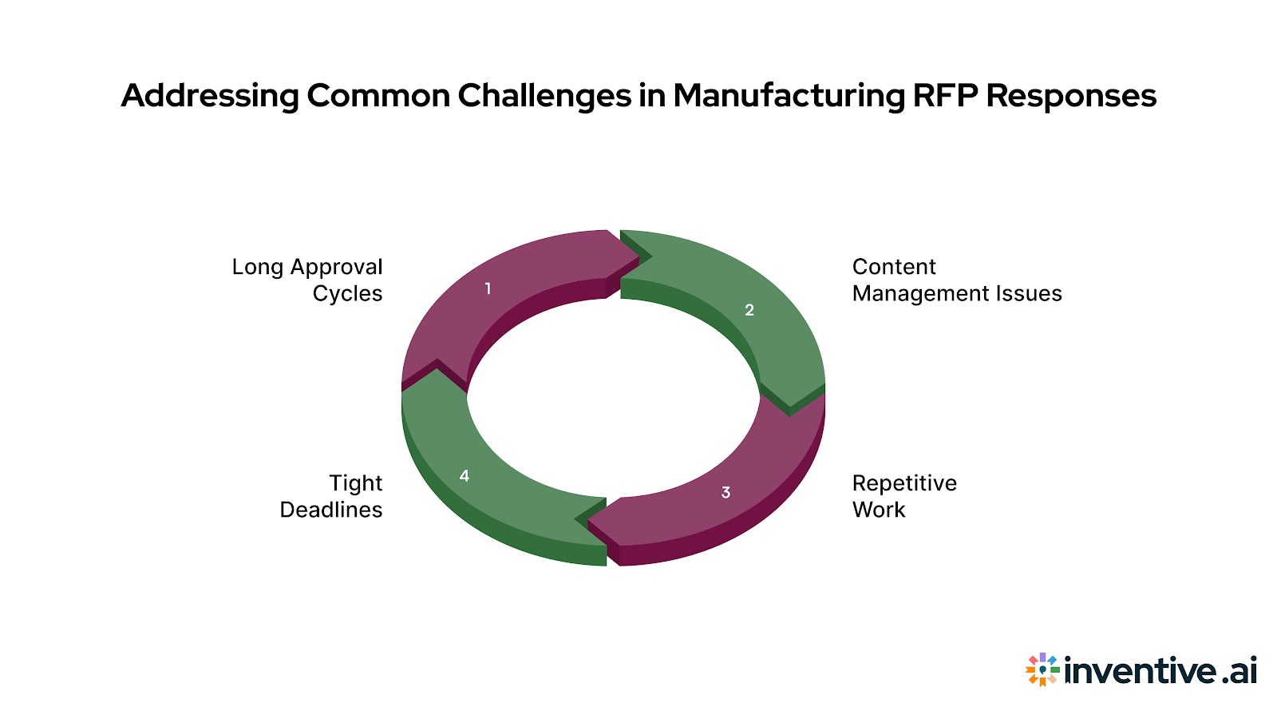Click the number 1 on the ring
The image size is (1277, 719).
pos(488,288)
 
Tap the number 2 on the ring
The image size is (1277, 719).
pos(749,310)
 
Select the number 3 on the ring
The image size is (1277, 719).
pos(725,492)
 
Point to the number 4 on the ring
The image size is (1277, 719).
pos(465,476)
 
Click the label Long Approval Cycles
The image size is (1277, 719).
pos(307,280)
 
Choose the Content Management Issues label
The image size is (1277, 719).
pos(956,280)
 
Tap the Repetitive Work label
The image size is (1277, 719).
pos(903,496)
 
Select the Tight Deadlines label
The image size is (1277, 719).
pos(331,496)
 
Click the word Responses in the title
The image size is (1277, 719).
pos(1070,96)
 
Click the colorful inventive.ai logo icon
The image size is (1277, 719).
pos(1042,669)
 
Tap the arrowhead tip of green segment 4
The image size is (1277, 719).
pos(437,371)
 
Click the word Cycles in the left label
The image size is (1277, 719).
pos(347,293)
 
